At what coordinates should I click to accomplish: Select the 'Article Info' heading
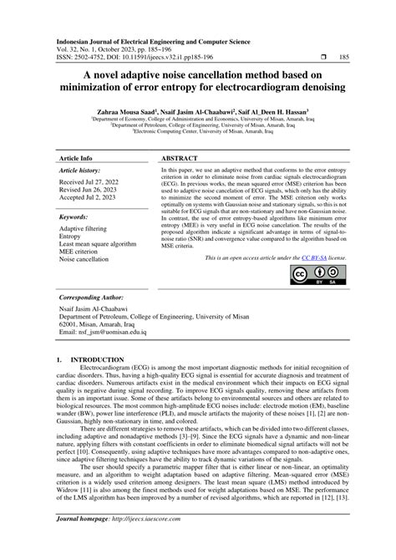[75, 157]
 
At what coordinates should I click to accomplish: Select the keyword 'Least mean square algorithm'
[99, 244]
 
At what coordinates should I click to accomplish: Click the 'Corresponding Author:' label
[92, 298]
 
